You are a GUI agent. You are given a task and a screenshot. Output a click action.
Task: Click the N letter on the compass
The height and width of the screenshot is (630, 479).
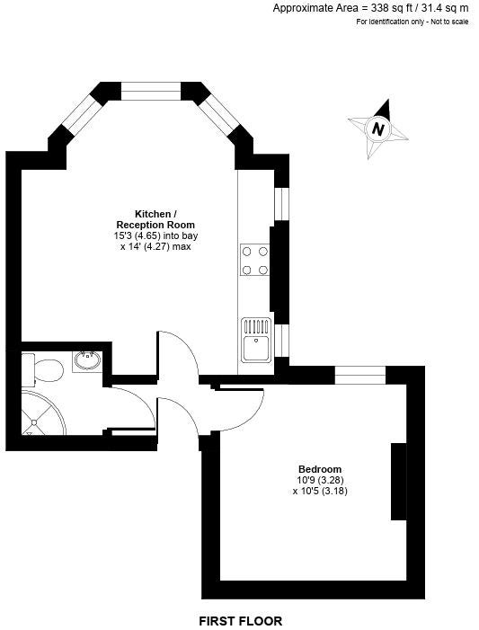(378, 129)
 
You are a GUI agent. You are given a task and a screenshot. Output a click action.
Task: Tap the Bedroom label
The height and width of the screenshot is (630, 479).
(320, 469)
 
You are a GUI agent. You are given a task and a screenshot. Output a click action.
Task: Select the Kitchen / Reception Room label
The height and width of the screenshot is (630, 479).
(155, 219)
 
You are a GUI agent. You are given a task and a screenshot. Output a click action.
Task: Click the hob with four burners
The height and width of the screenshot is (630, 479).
(255, 261)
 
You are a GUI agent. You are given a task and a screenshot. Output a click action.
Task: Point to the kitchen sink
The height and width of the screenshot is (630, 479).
(256, 339)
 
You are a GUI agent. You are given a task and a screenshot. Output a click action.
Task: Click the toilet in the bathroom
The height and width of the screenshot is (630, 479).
(42, 369)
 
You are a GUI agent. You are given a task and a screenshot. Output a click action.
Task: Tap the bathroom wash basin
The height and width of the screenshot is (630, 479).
(87, 360)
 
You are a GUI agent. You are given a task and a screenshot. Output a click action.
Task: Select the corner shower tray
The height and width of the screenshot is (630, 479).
(43, 413)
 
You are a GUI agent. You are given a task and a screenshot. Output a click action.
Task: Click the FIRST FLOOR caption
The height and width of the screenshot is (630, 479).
(241, 621)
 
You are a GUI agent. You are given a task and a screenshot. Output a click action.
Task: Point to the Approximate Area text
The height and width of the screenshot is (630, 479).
(370, 8)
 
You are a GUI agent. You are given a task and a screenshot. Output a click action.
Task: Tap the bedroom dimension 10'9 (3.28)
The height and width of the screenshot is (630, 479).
(320, 480)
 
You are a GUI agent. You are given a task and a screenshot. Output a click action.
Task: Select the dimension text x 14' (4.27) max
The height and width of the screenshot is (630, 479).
(155, 246)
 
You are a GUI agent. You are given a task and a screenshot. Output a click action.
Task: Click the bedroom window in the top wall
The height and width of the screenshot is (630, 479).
(360, 376)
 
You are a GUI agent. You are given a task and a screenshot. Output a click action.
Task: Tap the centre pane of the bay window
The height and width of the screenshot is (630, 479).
(151, 91)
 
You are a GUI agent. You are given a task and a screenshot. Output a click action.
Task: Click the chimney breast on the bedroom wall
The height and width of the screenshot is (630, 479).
(399, 482)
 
